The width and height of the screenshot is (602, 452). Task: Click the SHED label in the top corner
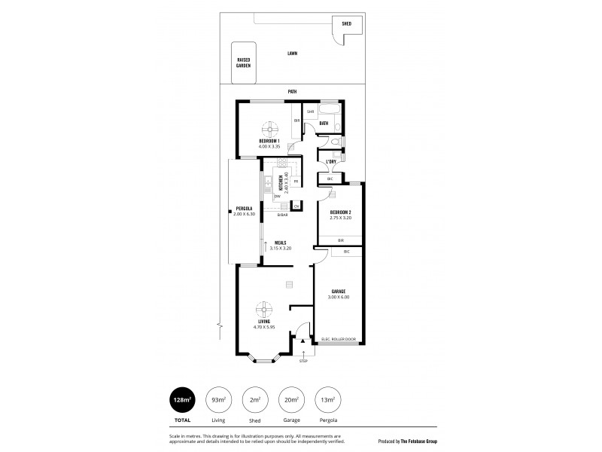(346, 23)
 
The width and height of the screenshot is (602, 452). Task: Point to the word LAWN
(292, 53)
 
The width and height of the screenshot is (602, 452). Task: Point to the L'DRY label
(331, 161)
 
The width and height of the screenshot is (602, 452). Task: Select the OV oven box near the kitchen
(296, 206)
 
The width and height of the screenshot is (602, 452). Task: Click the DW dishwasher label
(277, 197)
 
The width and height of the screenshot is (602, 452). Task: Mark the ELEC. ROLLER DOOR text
(338, 339)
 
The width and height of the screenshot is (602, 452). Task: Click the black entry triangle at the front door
(304, 341)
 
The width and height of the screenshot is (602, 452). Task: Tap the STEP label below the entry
(304, 362)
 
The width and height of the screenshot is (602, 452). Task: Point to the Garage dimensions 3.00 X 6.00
(338, 297)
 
